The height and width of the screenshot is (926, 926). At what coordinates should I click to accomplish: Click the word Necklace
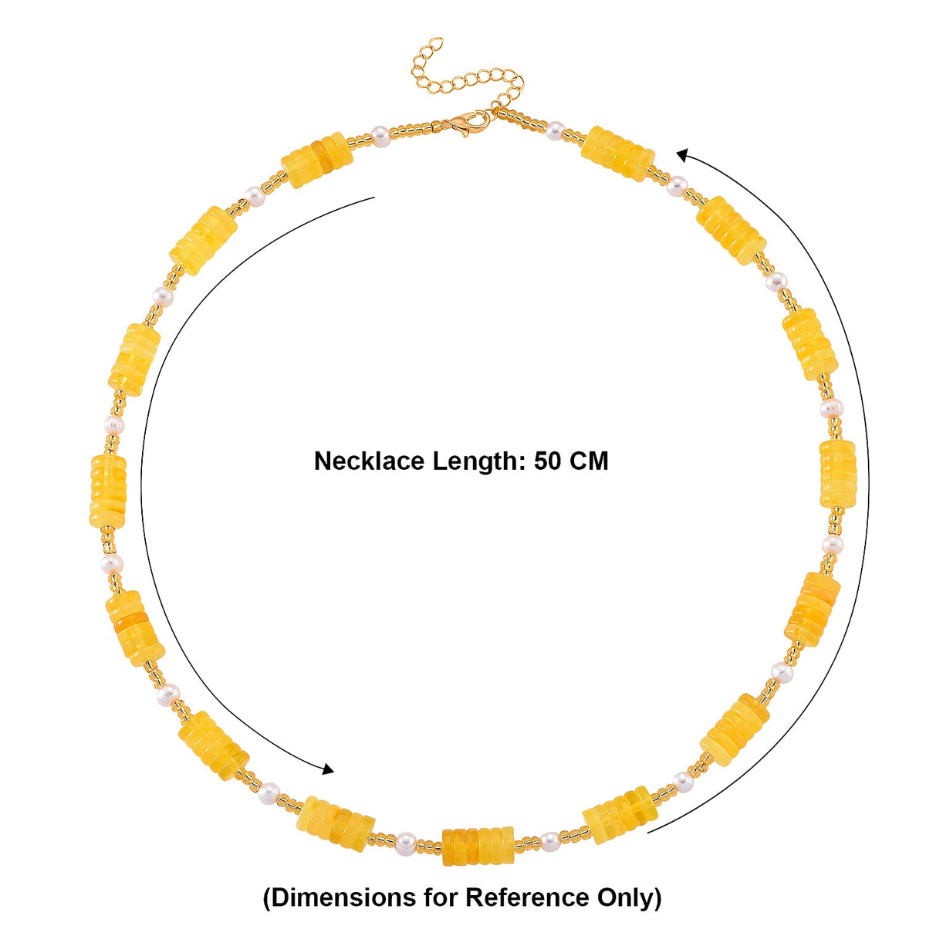369,461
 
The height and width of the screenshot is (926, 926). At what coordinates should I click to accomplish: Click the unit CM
589,461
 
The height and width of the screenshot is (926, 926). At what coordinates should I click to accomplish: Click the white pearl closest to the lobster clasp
380,137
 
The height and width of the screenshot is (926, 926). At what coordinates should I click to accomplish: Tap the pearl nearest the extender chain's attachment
555,130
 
